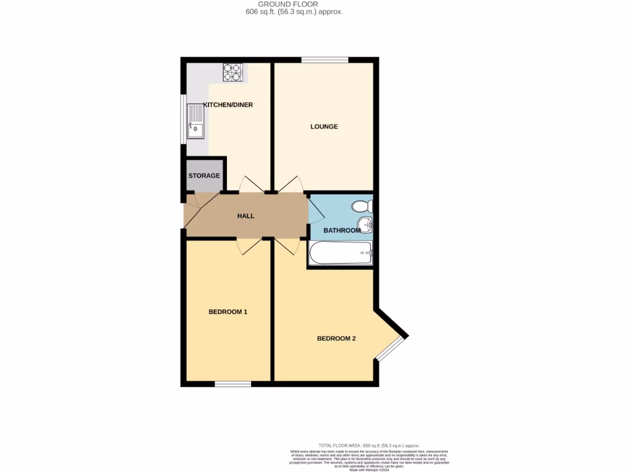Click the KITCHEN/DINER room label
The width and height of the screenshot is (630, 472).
[228, 104]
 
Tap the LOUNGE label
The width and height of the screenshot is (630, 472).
[324, 127]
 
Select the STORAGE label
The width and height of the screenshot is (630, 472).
[204, 176]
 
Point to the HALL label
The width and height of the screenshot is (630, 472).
[245, 216]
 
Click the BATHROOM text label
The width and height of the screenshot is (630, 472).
[341, 230]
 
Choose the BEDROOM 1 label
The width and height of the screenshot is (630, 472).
[228, 312]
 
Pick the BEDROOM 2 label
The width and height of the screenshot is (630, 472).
[336, 338]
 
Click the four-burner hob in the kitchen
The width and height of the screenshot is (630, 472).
[233, 73]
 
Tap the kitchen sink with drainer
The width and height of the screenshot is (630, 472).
[195, 122]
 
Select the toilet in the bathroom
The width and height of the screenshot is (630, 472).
[361, 206]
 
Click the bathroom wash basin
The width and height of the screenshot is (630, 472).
[365, 225]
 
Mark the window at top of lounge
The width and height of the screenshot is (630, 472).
[324, 60]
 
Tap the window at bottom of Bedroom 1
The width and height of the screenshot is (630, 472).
[233, 384]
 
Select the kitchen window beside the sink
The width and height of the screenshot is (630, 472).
[183, 120]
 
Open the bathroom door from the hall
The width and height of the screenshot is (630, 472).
[315, 211]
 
